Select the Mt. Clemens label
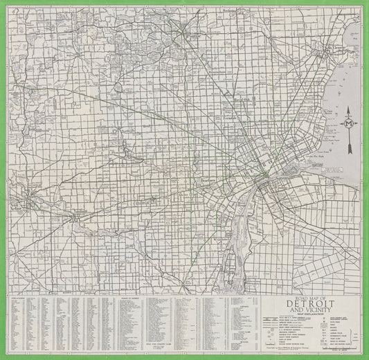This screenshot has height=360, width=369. click(334, 47)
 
